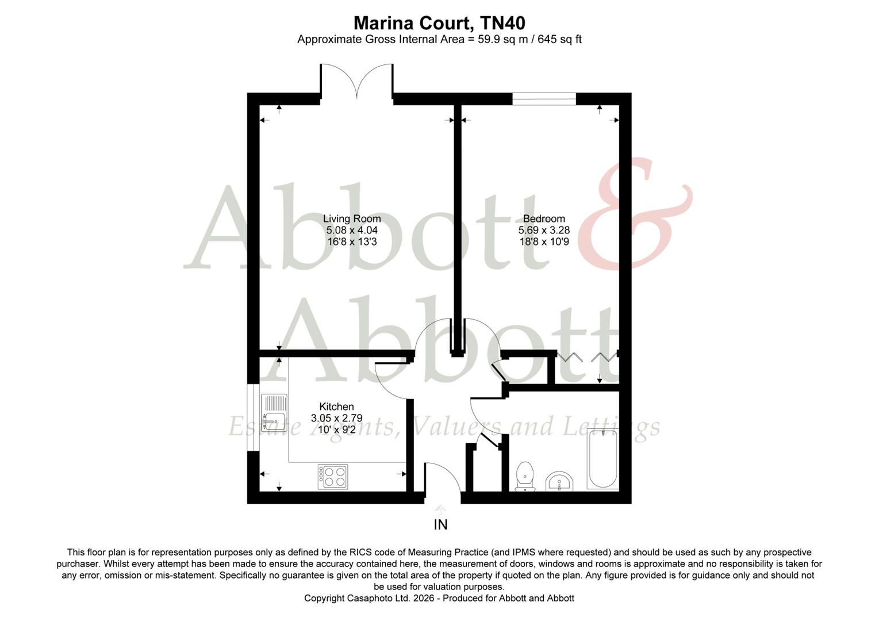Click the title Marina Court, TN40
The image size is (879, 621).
pos(439,23)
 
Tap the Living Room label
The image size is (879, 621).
pos(352,218)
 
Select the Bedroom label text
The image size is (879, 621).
pos(544,218)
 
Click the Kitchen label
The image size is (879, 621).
pos(336,407)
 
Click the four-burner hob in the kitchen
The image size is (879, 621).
pos(333,477)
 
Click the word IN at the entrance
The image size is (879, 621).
pos(440,524)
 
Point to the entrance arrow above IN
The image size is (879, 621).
pos(440,509)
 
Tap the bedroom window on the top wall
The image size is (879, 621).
pos(544,99)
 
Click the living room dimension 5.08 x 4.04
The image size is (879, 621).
pos(352,230)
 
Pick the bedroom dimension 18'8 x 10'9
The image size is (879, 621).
pos(544,241)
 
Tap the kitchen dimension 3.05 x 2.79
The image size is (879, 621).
pos(336,418)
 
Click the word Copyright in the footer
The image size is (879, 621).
pos(324,598)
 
